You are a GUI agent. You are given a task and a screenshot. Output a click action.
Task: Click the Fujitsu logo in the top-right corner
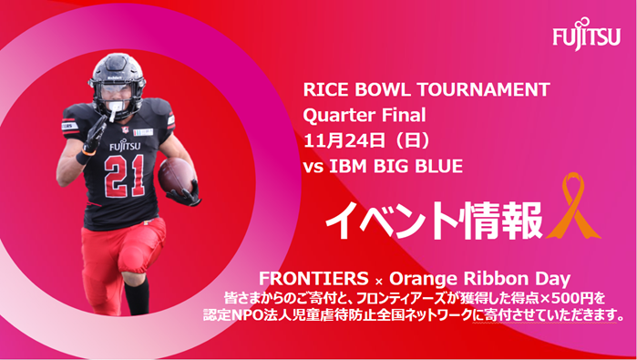[x=586, y=35]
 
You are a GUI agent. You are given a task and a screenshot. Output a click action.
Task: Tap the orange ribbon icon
[x=572, y=206]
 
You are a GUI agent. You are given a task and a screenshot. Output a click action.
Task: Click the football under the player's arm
[x=176, y=176]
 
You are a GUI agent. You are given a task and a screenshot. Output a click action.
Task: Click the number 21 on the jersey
[x=124, y=176]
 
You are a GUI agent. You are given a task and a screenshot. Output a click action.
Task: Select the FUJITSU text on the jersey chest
[x=125, y=145]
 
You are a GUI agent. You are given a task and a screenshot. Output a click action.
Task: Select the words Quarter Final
[x=364, y=116]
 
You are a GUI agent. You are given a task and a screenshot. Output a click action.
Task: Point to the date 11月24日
[x=344, y=140]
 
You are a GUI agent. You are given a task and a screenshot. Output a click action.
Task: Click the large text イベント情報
[x=434, y=220]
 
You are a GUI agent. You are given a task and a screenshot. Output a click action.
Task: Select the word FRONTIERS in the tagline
[x=313, y=279]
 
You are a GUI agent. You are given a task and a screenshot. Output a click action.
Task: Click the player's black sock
[x=137, y=296]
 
